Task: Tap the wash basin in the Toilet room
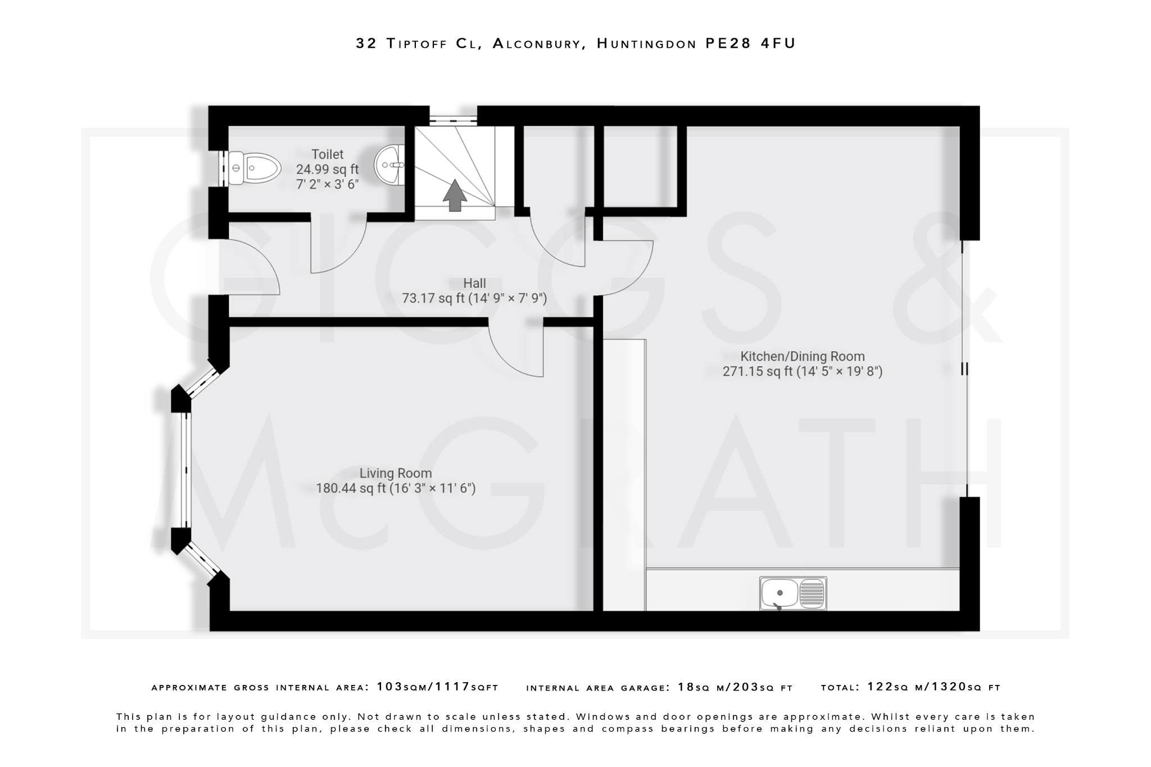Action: point(392,164)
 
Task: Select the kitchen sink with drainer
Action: point(792,593)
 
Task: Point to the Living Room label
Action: point(395,473)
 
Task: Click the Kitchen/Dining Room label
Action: point(802,356)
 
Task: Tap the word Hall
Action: point(474,283)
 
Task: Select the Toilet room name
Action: point(327,154)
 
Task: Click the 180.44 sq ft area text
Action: point(352,488)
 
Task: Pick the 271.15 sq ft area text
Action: point(757,371)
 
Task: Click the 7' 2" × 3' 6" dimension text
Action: point(327,184)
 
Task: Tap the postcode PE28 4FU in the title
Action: point(750,43)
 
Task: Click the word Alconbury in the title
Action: point(536,43)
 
